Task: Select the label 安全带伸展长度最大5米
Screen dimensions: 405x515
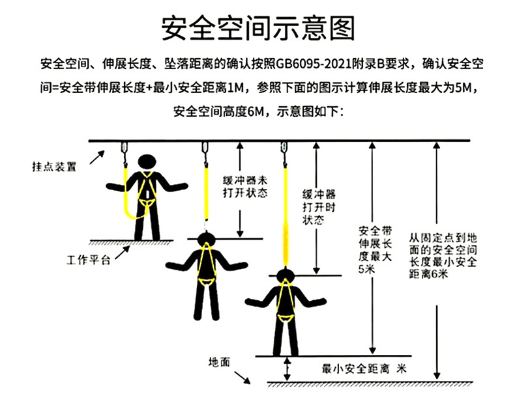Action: coord(375,250)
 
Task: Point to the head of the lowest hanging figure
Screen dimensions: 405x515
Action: coord(284,273)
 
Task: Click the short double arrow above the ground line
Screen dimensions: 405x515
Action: coord(287,369)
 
